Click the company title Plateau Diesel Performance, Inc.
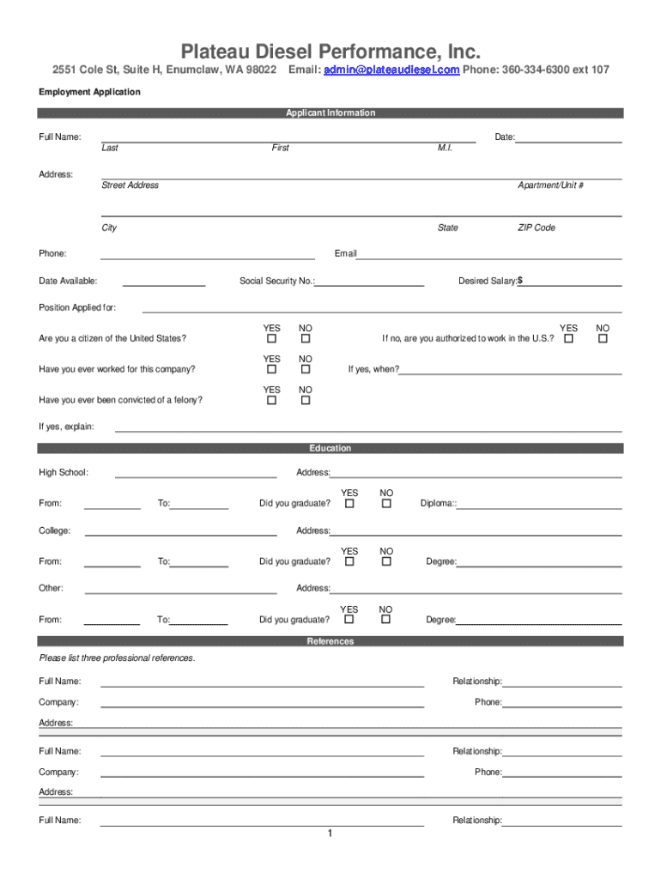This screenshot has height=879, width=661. [x=330, y=50]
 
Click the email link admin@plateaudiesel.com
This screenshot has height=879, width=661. [x=391, y=70]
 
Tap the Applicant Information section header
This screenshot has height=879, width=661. [x=330, y=113]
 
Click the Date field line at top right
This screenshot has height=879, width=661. [x=568, y=140]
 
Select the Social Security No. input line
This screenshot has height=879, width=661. [x=370, y=283]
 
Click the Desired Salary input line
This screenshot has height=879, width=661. [x=572, y=283]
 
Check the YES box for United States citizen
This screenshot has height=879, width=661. [x=272, y=339]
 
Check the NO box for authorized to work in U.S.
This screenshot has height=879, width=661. [x=603, y=339]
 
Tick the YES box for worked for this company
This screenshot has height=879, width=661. [x=272, y=370]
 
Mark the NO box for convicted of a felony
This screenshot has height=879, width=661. [x=305, y=401]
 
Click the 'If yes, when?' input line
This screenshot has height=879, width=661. [x=511, y=373]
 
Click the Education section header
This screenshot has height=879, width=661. [x=330, y=449]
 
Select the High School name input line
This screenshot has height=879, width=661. [x=196, y=475]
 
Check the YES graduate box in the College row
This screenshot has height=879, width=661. [x=349, y=562]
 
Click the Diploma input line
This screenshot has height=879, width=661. [x=540, y=506]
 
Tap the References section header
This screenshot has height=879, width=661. [x=330, y=642]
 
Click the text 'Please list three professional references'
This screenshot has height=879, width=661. [x=118, y=658]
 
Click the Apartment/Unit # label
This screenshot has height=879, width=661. [x=550, y=185]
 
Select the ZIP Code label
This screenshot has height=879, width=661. [x=536, y=228]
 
